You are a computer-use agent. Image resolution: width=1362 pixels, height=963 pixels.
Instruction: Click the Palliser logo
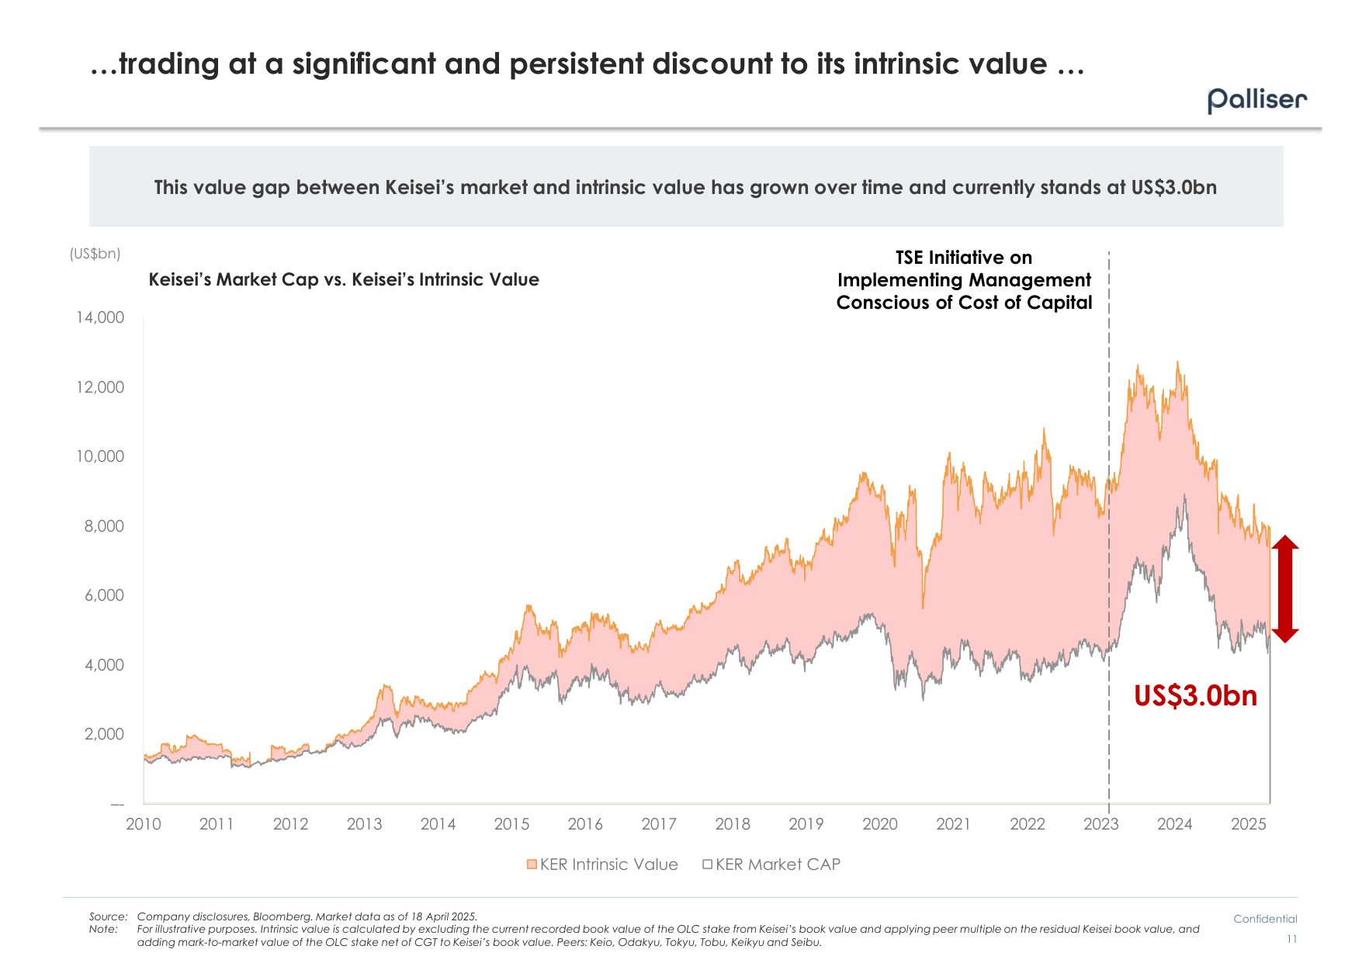[x=1256, y=100]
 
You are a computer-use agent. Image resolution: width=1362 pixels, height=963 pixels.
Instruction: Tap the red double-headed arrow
[x=1285, y=589]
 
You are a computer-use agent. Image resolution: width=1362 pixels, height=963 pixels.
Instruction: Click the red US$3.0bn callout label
[x=1195, y=695]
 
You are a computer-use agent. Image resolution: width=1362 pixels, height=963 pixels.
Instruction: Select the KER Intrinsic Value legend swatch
[x=532, y=864]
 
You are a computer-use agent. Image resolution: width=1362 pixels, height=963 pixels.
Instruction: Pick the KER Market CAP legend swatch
[x=707, y=864]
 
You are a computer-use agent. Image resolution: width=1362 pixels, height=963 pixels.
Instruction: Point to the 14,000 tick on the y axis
[x=100, y=317]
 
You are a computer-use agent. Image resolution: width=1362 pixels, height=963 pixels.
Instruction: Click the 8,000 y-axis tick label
[x=104, y=526]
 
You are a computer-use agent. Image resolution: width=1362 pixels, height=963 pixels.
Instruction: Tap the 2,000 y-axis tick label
[x=104, y=734]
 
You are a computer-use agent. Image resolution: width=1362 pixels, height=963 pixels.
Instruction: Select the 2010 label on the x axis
[x=144, y=824]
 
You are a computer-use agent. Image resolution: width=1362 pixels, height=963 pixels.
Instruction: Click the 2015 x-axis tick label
[x=511, y=824]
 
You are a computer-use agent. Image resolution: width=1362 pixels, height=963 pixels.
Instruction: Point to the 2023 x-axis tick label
[x=1100, y=824]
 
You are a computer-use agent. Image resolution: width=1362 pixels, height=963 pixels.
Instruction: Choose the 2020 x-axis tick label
[x=879, y=824]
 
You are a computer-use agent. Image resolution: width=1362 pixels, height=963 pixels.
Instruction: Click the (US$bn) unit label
[x=95, y=254]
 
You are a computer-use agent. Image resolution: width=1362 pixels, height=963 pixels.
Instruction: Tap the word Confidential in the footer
[x=1265, y=919]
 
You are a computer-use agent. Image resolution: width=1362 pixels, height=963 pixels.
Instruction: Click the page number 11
[x=1291, y=940]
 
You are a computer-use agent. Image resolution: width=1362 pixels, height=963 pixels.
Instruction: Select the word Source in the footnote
[x=106, y=916]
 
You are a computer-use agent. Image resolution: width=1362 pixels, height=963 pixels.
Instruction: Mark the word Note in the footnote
[x=102, y=929]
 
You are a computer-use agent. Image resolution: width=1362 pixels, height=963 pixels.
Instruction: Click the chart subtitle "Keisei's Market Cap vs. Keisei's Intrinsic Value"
[x=344, y=279]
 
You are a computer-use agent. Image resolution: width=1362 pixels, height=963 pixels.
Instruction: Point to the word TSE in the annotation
[x=910, y=258]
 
